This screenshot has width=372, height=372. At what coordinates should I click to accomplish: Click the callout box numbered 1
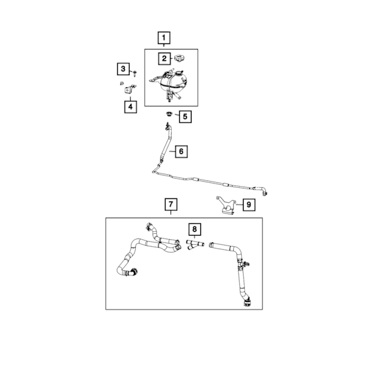pos(164,38)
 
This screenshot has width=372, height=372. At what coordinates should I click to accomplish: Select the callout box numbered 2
pos(164,59)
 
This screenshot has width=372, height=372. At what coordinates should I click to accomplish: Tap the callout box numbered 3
pos(123,69)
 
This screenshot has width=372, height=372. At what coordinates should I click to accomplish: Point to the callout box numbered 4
pos(130,107)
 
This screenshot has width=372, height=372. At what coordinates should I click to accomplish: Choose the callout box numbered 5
pos(185,117)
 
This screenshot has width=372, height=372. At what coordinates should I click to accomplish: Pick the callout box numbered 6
pos(181,151)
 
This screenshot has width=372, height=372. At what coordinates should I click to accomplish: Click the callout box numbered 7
pos(171,205)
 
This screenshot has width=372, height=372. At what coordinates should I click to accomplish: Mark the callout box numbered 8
pos(195,229)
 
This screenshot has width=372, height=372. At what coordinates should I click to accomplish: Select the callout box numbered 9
pos(249,205)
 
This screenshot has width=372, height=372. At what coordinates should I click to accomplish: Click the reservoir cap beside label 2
pos(180,58)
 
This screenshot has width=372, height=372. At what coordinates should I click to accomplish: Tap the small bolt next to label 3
pos(135,73)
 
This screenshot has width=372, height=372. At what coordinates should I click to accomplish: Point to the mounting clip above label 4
pos(130,89)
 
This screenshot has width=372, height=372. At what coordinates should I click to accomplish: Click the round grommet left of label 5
pos(169,113)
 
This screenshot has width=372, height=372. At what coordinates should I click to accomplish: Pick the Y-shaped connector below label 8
pos(195,245)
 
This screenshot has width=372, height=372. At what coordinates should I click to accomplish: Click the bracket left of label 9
pos(226,205)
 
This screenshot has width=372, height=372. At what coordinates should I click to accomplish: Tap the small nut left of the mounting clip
pos(122,83)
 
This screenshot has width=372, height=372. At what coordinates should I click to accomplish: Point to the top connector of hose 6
pos(168,126)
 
